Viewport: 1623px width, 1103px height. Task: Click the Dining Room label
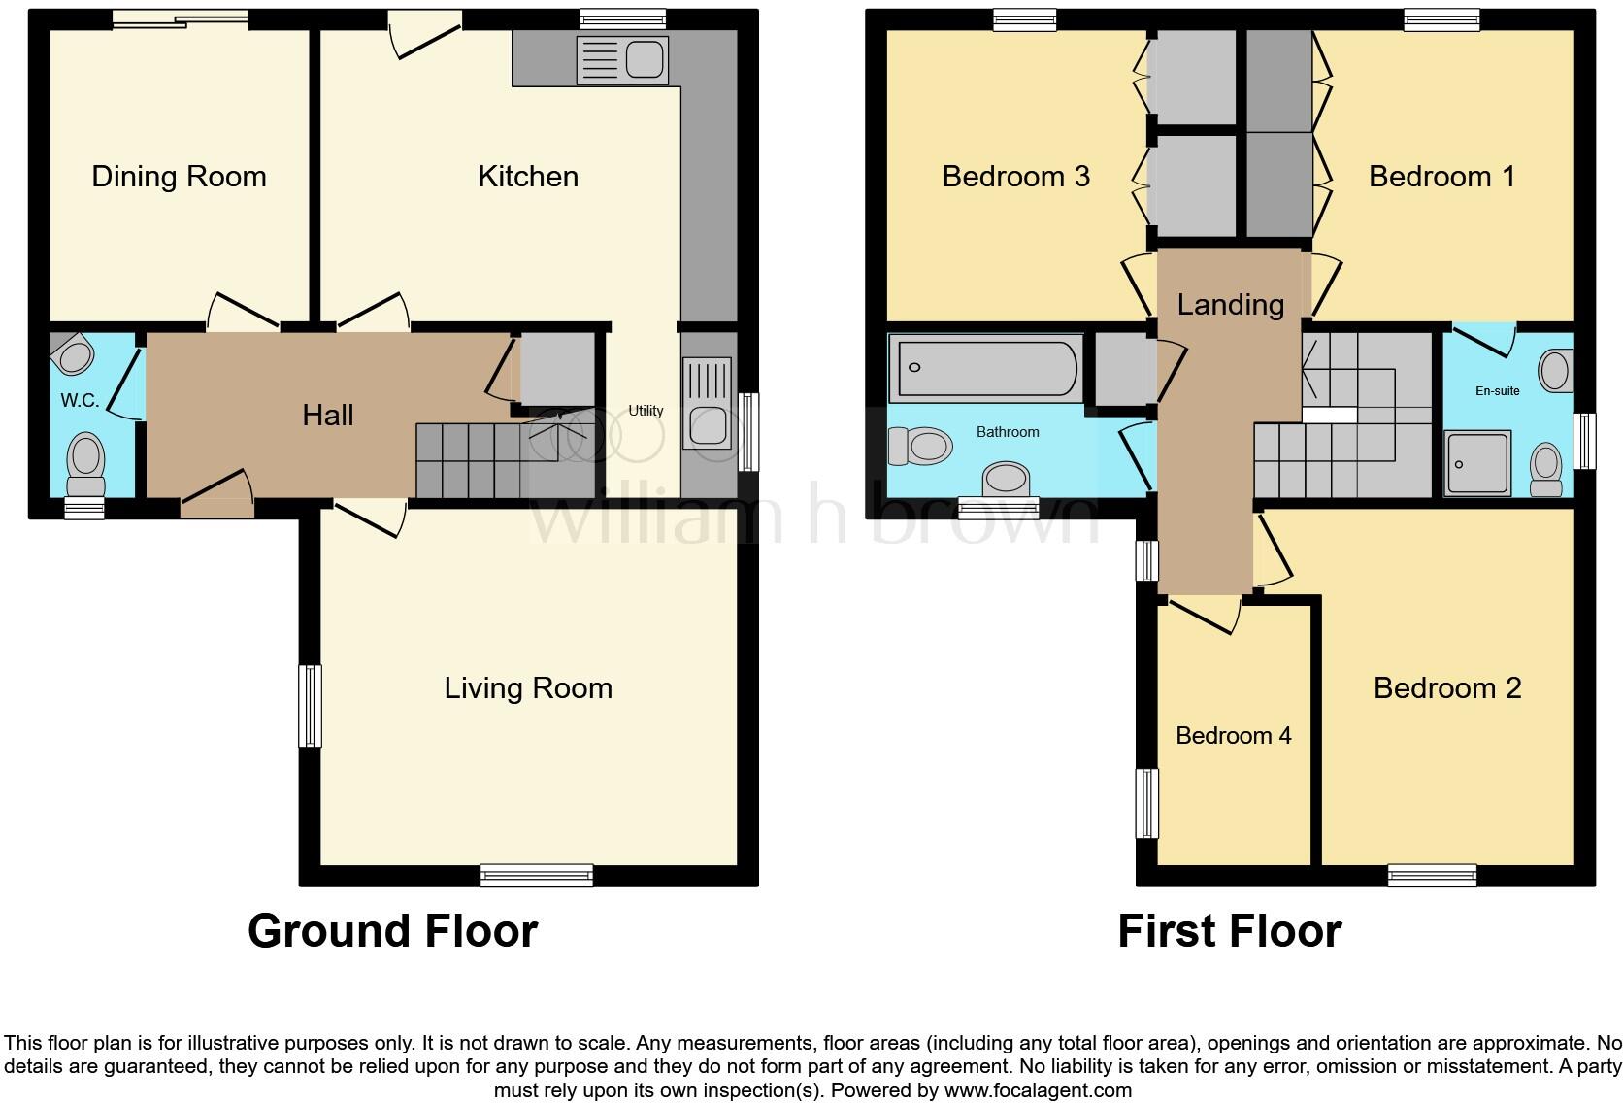[x=179, y=177]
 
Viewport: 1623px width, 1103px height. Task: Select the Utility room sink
[x=708, y=403]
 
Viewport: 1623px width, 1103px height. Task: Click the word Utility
[x=646, y=411]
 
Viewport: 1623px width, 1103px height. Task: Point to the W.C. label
[x=80, y=401]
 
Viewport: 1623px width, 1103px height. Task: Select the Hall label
[x=328, y=416]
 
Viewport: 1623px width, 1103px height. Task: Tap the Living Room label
[x=528, y=688]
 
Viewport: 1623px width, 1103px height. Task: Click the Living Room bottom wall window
[x=537, y=876]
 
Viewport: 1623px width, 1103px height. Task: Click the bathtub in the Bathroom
[x=986, y=367]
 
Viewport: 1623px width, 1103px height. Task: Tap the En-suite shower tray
[x=1476, y=462]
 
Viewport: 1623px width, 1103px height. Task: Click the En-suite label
[x=1497, y=391]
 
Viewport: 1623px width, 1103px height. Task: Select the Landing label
[x=1230, y=305]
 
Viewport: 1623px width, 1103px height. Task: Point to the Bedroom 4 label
[x=1233, y=736]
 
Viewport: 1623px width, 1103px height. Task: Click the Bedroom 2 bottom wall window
[x=1432, y=876]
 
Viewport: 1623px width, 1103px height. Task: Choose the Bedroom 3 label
[x=1015, y=177]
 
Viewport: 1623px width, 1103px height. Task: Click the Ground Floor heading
[x=392, y=931]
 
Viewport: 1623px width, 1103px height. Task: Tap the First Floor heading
[x=1229, y=931]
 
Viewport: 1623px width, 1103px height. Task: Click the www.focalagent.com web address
[x=1037, y=1090]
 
